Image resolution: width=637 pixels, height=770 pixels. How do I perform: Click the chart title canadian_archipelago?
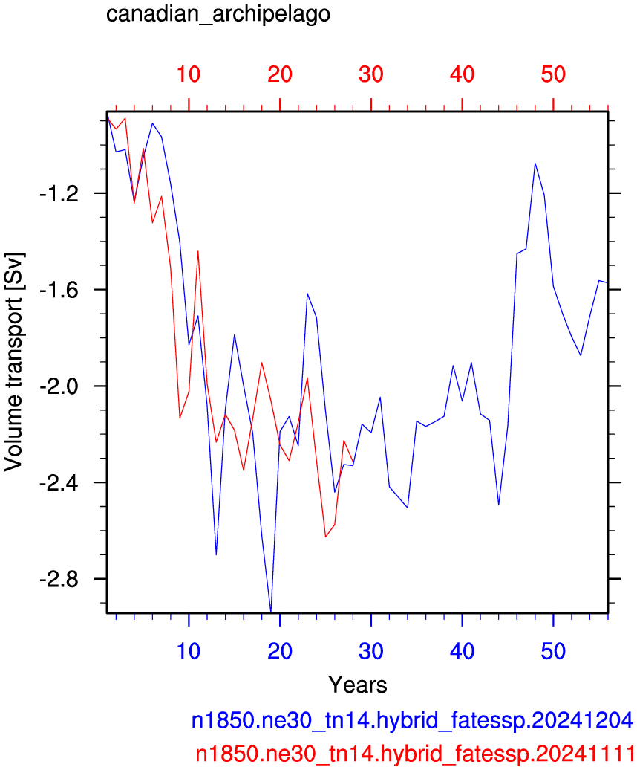pyautogui.click(x=218, y=14)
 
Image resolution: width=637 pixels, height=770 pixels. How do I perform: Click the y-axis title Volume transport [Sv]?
pyautogui.click(x=13, y=362)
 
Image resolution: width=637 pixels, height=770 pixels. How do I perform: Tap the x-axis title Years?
pyautogui.click(x=358, y=685)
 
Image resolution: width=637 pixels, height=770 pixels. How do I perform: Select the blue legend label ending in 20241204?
pyautogui.click(x=412, y=720)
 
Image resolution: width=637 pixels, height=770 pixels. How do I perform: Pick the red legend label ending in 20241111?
pyautogui.click(x=415, y=754)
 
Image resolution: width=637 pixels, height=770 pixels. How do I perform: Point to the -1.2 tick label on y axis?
pyautogui.click(x=59, y=194)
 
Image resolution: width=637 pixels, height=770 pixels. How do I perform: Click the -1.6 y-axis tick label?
pyautogui.click(x=59, y=290)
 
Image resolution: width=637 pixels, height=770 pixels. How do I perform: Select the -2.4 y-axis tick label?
pyautogui.click(x=59, y=483)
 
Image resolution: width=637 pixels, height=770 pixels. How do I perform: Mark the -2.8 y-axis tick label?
pyautogui.click(x=59, y=580)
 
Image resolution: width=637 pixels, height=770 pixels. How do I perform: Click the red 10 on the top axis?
pyautogui.click(x=189, y=74)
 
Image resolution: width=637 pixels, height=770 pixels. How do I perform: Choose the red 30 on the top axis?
pyautogui.click(x=370, y=74)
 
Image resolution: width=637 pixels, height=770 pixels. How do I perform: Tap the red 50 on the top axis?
pyautogui.click(x=553, y=74)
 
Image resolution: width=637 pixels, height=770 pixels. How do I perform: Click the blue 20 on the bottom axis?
pyautogui.click(x=279, y=651)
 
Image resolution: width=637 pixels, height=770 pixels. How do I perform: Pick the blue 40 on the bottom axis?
pyautogui.click(x=462, y=651)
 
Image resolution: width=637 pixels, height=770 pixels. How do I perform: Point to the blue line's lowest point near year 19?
pyautogui.click(x=271, y=612)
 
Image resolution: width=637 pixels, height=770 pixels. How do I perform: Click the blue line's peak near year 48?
pyautogui.click(x=535, y=163)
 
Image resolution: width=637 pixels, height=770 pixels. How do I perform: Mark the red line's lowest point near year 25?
pyautogui.click(x=326, y=537)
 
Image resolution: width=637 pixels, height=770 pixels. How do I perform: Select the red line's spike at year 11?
pyautogui.click(x=198, y=251)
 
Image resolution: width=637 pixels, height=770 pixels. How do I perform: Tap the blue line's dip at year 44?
pyautogui.click(x=499, y=505)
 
